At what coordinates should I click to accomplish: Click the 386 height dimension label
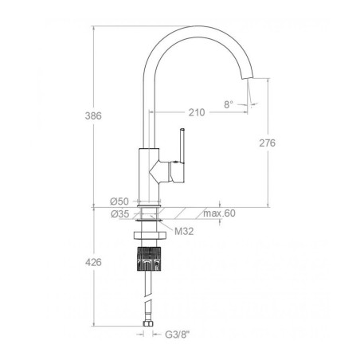click(93, 115)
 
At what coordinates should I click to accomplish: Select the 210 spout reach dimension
click(197, 112)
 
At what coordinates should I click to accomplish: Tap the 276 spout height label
click(268, 143)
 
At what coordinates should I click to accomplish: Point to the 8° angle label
click(229, 104)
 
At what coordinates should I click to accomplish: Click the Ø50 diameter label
click(119, 202)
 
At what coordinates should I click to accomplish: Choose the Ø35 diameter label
click(120, 213)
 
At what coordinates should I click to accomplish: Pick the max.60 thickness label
click(219, 213)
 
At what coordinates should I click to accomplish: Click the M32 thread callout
click(184, 232)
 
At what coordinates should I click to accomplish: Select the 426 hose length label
click(93, 262)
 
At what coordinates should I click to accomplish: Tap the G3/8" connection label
click(178, 335)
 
